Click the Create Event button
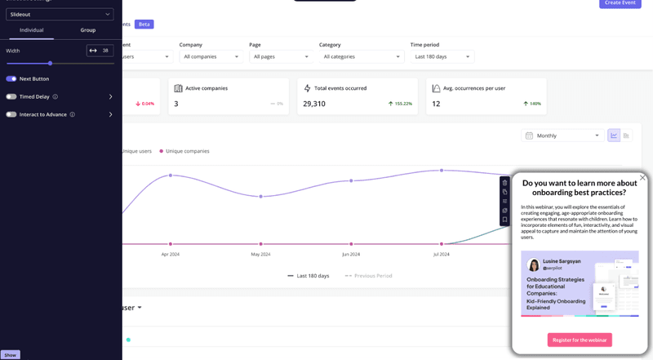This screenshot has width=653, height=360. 620,3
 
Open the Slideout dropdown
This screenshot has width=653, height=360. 60,14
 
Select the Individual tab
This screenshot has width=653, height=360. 31,30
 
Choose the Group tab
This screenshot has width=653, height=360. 88,30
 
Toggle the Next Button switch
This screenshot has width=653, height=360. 11,79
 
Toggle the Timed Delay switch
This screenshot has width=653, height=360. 11,96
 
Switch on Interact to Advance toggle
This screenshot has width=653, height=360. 11,114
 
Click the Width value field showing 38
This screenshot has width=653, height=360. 105,51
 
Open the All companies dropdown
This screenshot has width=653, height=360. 211,56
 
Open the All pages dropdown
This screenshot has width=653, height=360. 281,56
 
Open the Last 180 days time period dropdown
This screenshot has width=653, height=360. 442,56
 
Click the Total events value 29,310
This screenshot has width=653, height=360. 314,104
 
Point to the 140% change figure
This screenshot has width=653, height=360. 535,104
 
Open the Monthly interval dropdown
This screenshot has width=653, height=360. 563,136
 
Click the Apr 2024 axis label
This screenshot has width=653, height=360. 170,254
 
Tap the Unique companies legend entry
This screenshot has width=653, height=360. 187,151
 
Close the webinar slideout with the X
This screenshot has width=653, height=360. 642,177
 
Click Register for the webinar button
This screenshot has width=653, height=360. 580,340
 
